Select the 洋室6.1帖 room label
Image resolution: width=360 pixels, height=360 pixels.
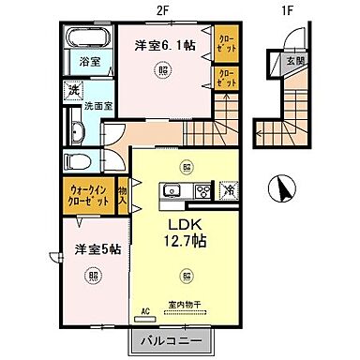(162, 44)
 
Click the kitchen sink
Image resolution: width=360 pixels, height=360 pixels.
(172, 192)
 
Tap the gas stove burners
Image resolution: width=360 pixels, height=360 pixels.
(202, 192)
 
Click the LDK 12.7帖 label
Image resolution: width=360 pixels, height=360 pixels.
(187, 232)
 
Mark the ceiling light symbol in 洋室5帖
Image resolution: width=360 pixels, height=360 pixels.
(91, 276)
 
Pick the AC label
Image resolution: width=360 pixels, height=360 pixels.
(145, 309)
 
